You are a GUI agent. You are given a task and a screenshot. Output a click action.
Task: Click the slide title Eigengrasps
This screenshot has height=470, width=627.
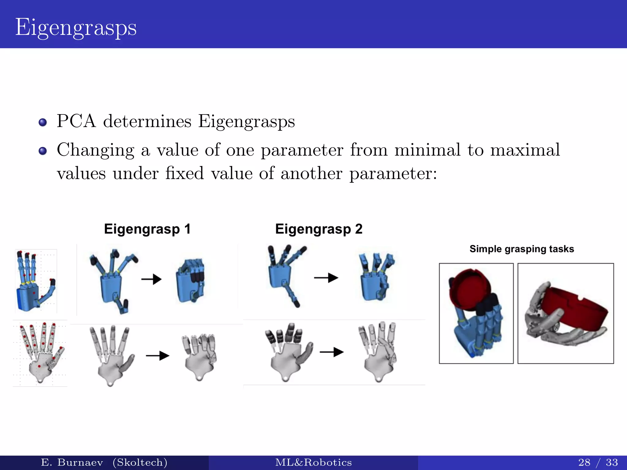[76, 28]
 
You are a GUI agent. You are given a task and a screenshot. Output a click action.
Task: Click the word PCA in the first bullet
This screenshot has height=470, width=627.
[76, 121]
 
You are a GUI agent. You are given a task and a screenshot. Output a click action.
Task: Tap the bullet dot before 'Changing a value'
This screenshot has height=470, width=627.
[43, 151]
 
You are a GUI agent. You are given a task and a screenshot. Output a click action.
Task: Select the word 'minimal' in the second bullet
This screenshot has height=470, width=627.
[427, 150]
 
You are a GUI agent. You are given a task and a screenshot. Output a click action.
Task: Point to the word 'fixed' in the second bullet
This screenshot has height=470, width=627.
[185, 173]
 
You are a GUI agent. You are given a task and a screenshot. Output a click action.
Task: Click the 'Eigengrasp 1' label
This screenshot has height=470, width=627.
[147, 229]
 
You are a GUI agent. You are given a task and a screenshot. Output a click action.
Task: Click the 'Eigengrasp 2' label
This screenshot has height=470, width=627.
[319, 229]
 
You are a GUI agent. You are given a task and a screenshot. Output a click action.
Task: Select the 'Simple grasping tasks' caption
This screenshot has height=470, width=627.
[522, 249]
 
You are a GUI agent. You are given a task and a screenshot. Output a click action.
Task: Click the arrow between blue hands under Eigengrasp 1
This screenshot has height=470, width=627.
[152, 279]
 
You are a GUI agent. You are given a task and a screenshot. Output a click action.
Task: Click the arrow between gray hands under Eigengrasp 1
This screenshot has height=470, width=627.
[158, 356]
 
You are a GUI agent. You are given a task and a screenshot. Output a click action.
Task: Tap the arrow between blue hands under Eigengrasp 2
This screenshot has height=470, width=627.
[326, 278]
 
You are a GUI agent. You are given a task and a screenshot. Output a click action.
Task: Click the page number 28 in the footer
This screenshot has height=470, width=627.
[584, 462]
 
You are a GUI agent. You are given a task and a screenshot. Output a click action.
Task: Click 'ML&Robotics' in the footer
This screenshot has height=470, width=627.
[313, 462]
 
